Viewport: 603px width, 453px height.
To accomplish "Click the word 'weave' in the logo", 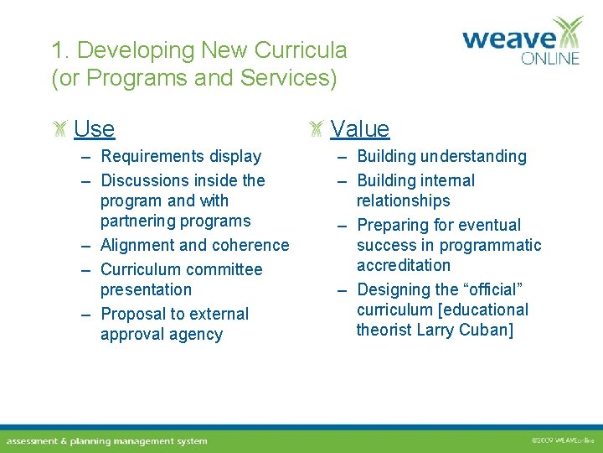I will [508, 39].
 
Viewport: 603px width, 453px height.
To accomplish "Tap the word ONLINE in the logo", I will [549, 59].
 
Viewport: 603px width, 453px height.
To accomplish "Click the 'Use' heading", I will [94, 128].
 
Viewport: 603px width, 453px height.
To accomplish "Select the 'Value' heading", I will [359, 128].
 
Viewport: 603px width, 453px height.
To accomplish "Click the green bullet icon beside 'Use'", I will [59, 128].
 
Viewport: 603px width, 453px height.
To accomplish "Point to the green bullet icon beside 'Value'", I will [316, 128].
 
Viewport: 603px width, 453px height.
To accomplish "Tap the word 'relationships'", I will [403, 200].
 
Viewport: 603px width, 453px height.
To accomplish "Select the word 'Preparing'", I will [392, 225].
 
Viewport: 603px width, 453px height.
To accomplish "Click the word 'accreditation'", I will [403, 265].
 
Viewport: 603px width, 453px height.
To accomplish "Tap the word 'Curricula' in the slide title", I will [300, 50].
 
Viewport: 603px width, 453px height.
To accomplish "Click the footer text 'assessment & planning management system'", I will [106, 440].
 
